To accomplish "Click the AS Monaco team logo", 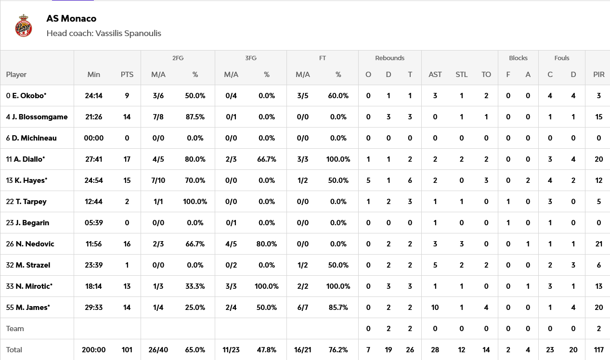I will [23, 26].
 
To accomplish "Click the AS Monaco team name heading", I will [71, 19].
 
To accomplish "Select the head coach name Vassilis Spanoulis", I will [128, 33].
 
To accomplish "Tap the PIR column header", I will [599, 75].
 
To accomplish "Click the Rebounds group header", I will [389, 58].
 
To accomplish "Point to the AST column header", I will [435, 75].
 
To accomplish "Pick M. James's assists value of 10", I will [435, 308].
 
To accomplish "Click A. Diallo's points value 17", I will [127, 159].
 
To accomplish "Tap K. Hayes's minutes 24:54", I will [94, 180].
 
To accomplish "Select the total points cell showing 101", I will [127, 350].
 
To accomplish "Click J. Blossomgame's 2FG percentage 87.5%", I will [195, 117].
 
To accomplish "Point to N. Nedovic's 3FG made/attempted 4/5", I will [231, 244].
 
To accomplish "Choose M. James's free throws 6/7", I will [303, 308].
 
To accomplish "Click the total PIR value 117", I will [598, 350].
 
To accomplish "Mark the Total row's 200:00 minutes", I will [94, 350].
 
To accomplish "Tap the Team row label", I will [15, 329].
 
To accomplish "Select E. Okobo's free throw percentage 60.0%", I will [338, 96].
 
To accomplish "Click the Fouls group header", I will [562, 58].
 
